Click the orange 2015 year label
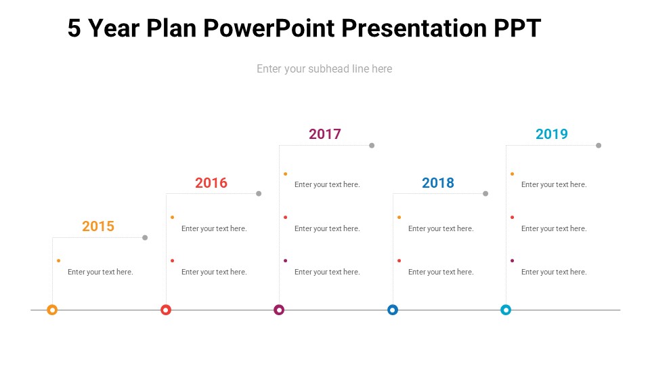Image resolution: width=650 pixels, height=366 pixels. tap(97, 226)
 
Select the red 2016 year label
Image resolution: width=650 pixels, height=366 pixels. tap(211, 182)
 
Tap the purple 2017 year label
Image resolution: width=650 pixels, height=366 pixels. tap(324, 134)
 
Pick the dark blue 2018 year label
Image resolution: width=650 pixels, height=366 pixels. tap(438, 182)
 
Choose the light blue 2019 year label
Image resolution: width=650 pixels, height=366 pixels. tap(551, 134)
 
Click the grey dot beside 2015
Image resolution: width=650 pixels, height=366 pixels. tap(145, 238)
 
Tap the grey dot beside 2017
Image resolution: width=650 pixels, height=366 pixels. tap(372, 146)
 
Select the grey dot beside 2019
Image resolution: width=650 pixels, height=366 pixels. tap(599, 146)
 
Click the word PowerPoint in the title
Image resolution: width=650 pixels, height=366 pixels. tap(269, 28)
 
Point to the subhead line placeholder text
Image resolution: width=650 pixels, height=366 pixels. tap(324, 69)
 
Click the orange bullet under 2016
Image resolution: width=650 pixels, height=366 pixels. tap(173, 218)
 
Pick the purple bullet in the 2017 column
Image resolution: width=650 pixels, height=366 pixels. tap(286, 260)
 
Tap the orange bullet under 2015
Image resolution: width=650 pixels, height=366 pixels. tap(58, 260)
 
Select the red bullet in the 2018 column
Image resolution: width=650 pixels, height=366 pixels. tap(399, 260)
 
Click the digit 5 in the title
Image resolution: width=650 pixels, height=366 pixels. tap(74, 28)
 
